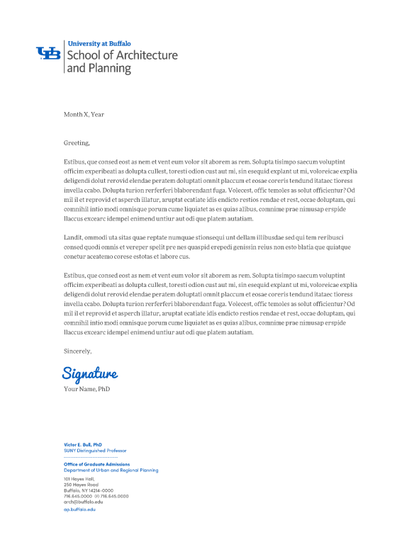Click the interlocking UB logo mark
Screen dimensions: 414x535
pyautogui.click(x=48, y=53)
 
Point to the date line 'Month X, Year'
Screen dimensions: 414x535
pyautogui.click(x=84, y=114)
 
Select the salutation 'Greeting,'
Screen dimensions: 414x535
pyautogui.click(x=77, y=142)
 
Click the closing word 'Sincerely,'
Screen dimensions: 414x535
pyautogui.click(x=78, y=351)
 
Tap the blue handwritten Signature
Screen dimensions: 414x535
pyautogui.click(x=90, y=373)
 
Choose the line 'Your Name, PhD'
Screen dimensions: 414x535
pyautogui.click(x=87, y=389)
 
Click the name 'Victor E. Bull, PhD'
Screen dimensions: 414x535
pyautogui.click(x=83, y=444)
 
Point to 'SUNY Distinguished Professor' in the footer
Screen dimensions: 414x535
pyautogui.click(x=95, y=451)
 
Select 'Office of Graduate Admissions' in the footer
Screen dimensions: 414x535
pyautogui.click(x=96, y=464)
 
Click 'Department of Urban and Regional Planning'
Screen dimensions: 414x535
pyautogui.click(x=111, y=470)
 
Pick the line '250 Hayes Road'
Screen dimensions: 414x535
pyautogui.click(x=80, y=485)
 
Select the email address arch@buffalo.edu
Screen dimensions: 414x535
pyautogui.click(x=83, y=502)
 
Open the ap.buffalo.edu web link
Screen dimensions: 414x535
pyautogui.click(x=79, y=509)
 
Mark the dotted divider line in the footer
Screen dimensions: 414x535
pyautogui.click(x=90, y=458)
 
